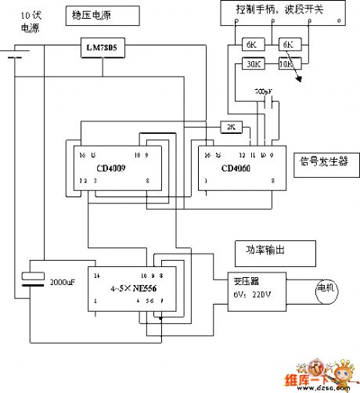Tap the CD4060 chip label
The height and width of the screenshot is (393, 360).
click(237, 168)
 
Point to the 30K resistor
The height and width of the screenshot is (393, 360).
click(254, 64)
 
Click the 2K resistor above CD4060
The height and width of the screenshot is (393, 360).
click(231, 126)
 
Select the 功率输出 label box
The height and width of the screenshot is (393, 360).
click(275, 252)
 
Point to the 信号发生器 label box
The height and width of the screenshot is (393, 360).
click(324, 164)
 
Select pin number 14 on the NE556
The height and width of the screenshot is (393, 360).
click(97, 276)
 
